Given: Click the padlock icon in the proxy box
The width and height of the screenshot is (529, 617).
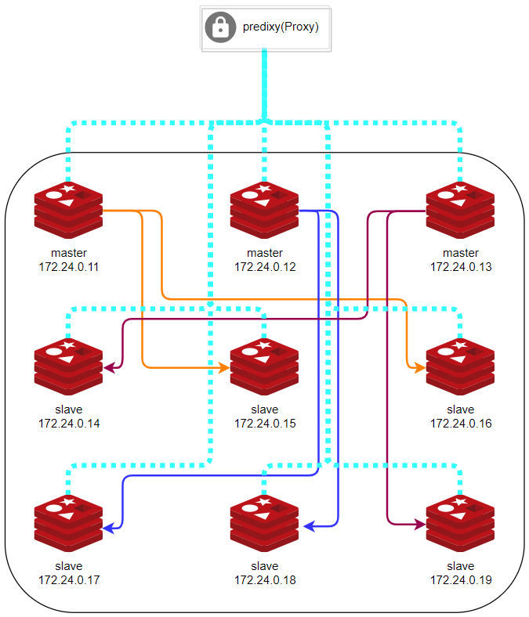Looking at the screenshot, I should click(220, 29).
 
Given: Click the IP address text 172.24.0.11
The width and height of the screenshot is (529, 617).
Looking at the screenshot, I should click(69, 267).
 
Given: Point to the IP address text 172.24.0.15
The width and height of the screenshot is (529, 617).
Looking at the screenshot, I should click(264, 424).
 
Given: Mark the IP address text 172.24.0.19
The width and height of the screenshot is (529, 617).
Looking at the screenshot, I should click(460, 580).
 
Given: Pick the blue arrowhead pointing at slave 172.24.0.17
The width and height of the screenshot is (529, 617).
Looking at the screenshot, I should click(110, 529).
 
